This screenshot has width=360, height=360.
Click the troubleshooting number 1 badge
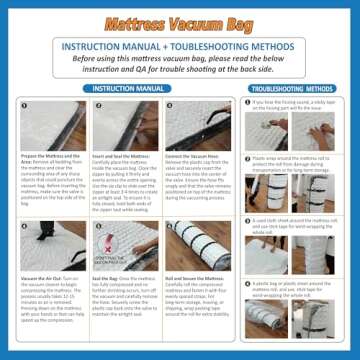tap(247, 103)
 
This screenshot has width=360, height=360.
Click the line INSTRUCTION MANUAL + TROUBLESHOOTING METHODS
tap(180, 47)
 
